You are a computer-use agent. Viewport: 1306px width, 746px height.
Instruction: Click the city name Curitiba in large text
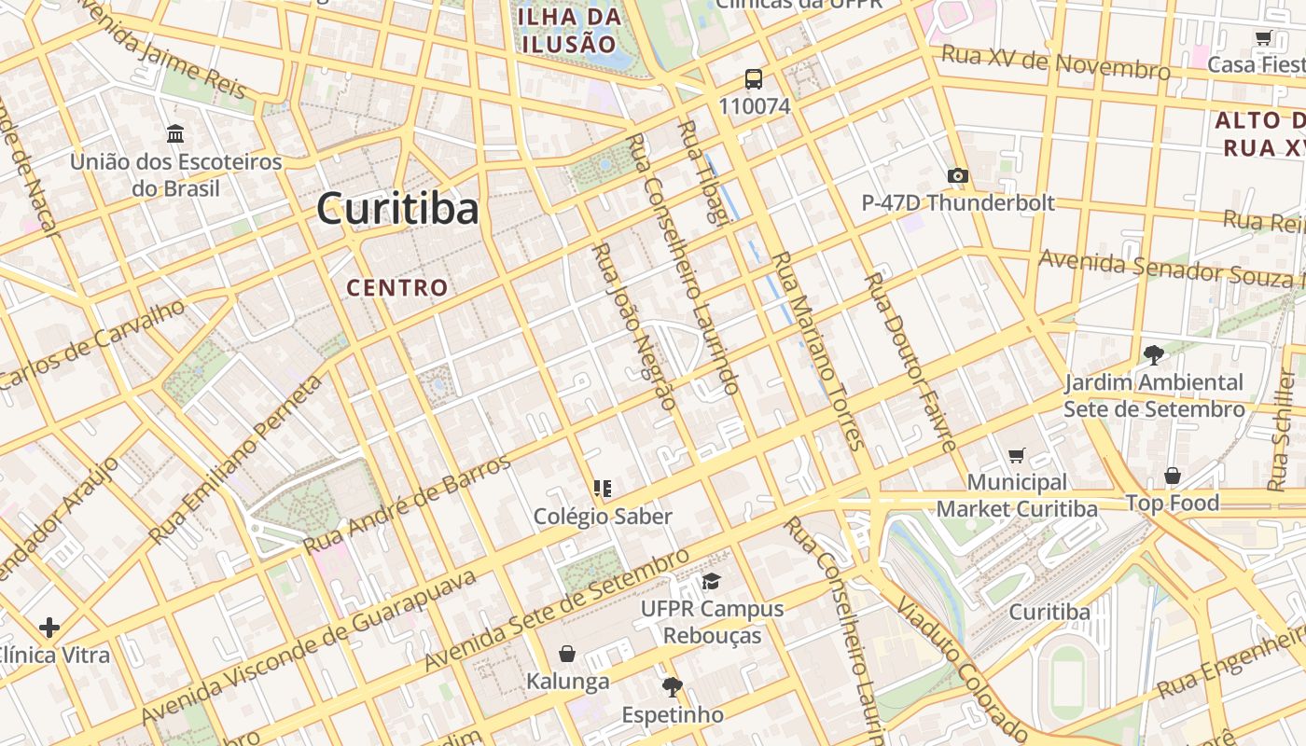[x=397, y=208]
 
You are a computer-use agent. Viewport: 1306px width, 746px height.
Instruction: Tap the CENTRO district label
[x=397, y=287]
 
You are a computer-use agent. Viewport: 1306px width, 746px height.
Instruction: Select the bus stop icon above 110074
[x=754, y=79]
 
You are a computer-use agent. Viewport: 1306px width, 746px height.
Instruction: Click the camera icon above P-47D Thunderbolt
[x=957, y=175]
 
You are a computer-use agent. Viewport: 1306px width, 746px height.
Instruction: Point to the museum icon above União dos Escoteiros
[x=175, y=134]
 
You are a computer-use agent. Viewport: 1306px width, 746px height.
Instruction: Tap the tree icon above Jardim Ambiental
[x=1154, y=354]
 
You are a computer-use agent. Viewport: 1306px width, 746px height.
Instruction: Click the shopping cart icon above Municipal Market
[x=1017, y=455]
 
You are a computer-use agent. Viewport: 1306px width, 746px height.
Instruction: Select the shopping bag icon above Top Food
[x=1173, y=476]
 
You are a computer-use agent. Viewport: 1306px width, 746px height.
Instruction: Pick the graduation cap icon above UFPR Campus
[x=712, y=581]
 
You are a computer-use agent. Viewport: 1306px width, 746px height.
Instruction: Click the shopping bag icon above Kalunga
[x=567, y=654]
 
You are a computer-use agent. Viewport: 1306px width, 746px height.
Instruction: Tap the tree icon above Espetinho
[x=672, y=688]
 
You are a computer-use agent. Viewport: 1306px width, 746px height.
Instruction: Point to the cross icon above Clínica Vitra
[x=49, y=628]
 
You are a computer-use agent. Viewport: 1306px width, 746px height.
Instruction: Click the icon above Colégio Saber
[x=603, y=488]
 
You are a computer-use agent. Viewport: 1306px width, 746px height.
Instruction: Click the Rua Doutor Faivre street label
[x=910, y=362]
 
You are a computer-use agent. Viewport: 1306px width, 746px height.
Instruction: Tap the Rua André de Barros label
[x=408, y=504]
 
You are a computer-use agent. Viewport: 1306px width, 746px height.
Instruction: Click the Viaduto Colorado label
[x=961, y=665]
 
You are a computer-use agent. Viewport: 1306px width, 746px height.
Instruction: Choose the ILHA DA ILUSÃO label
[x=569, y=30]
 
